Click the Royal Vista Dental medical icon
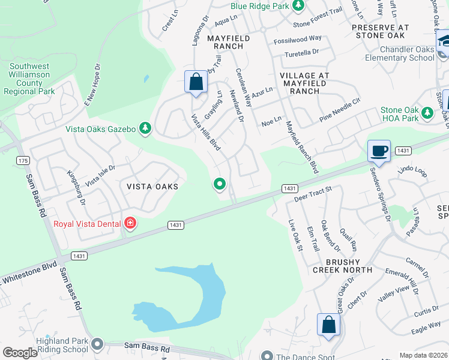(x=130, y=224)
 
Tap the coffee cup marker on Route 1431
(x=379, y=151)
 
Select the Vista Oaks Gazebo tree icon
(x=145, y=128)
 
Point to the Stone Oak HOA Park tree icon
(x=427, y=112)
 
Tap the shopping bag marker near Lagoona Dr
(x=196, y=82)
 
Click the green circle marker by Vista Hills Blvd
(x=220, y=184)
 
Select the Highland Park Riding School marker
(x=97, y=344)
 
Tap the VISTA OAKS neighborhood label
(x=152, y=187)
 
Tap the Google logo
(x=20, y=353)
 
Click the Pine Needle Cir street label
(x=340, y=109)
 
